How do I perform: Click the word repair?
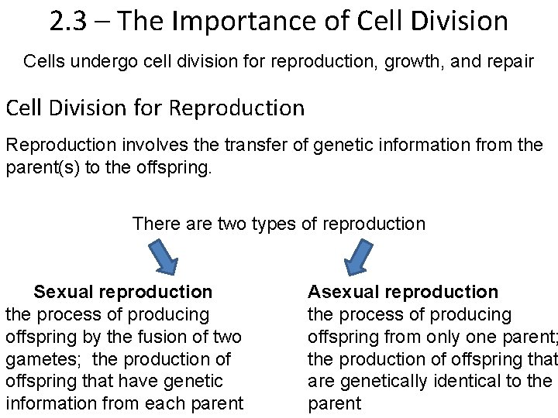pos(505,61)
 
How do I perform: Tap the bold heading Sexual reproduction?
pos(122,292)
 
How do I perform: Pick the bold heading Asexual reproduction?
pos(403,292)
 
